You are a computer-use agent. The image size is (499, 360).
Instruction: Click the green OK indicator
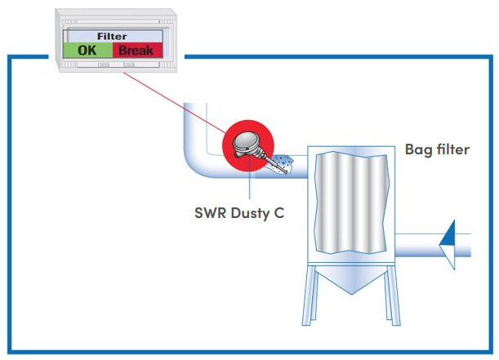coord(87,51)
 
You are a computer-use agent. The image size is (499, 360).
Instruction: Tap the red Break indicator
coord(136,51)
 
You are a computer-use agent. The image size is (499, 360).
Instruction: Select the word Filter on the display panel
coord(112,37)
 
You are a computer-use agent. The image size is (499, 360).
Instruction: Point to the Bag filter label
coord(437,150)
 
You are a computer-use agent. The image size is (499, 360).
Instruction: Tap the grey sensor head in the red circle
coord(245,144)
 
